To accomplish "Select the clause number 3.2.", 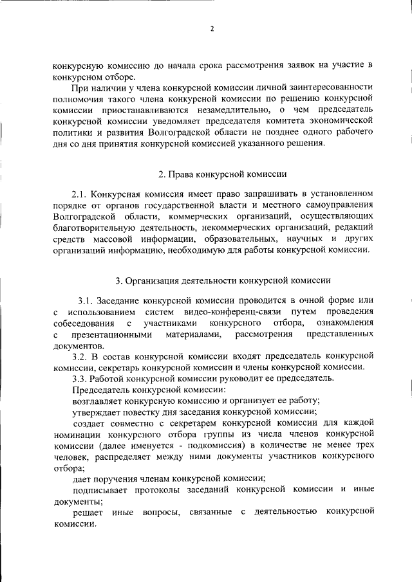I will coord(80,356).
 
